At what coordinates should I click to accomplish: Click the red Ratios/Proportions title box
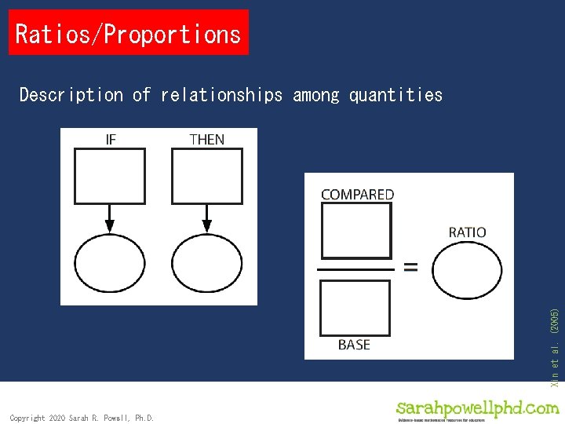tap(128, 33)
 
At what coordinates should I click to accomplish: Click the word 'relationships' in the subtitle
tap(221, 95)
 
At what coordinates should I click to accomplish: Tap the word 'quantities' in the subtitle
tap(395, 95)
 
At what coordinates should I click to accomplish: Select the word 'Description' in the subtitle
tap(71, 95)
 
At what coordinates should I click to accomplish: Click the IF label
tap(111, 139)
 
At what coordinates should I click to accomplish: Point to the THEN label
tap(206, 139)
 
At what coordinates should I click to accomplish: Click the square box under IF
tap(110, 176)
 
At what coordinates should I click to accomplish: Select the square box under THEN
tap(206, 176)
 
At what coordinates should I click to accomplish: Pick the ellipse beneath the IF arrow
tap(110, 264)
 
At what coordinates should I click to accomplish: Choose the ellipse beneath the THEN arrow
tap(206, 264)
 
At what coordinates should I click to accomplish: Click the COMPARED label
tap(357, 194)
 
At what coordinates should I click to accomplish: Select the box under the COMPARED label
tap(356, 231)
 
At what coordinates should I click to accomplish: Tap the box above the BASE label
tap(356, 307)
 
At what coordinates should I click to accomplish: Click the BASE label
tap(354, 345)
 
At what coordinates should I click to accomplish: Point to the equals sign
tap(410, 267)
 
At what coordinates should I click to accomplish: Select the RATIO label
tap(467, 232)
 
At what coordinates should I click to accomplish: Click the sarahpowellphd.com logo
tap(477, 410)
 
